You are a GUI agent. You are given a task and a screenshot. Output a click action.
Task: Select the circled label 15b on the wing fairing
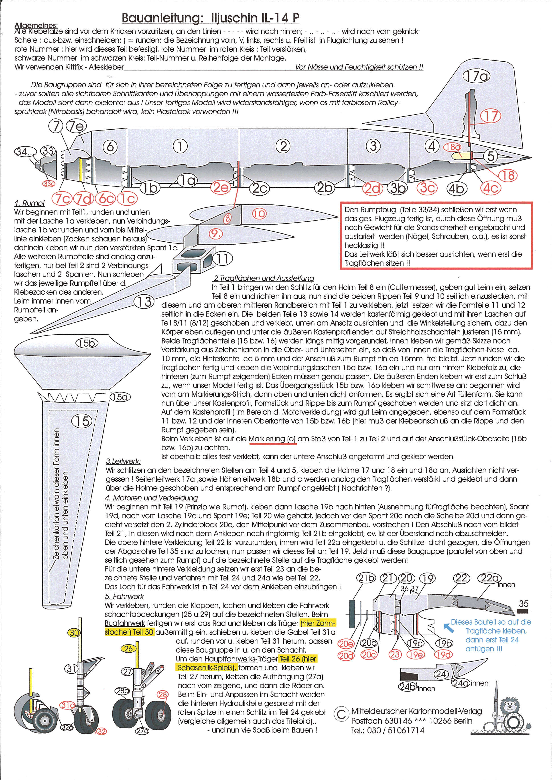point(86,344)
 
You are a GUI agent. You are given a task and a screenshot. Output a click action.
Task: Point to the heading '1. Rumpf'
point(30,203)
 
